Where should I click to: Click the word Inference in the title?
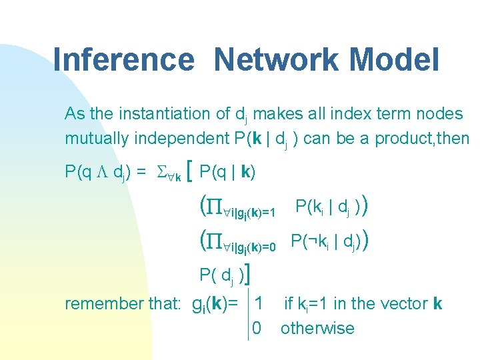pos(123,59)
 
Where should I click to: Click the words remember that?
pos(123,304)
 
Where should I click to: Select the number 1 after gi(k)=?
pos(258,303)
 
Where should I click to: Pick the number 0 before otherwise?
pos(257,328)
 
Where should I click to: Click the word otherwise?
pos(317,328)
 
